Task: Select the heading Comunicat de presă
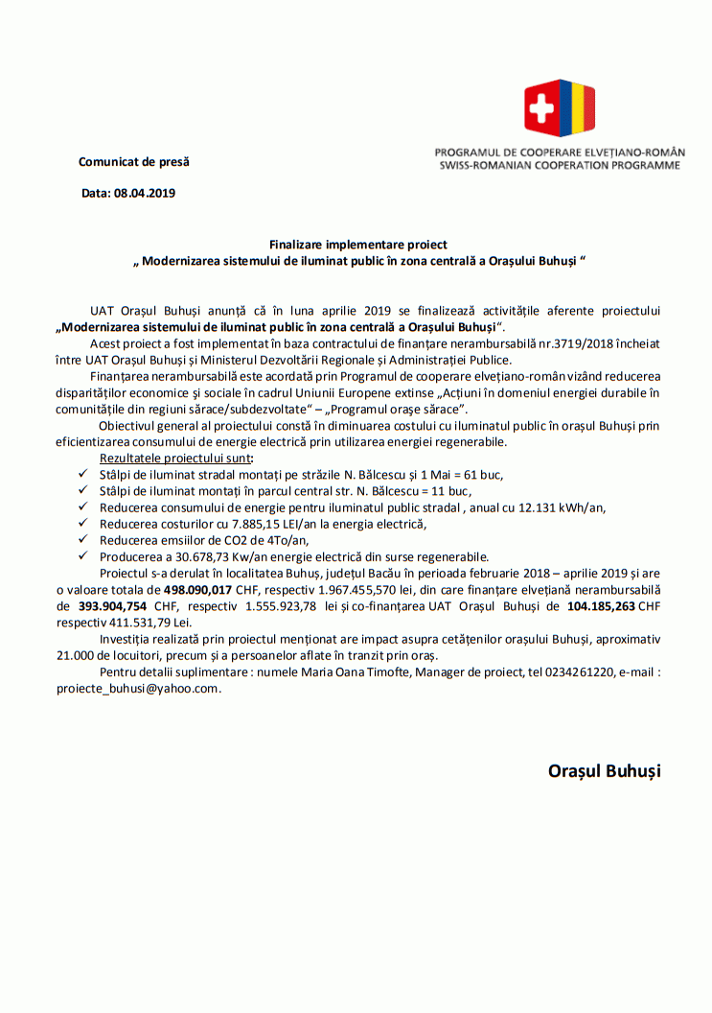pyautogui.click(x=134, y=162)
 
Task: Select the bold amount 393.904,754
pyautogui.click(x=112, y=606)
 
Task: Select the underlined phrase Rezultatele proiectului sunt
pyautogui.click(x=168, y=459)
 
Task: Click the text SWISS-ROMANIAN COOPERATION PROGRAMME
pyautogui.click(x=560, y=165)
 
